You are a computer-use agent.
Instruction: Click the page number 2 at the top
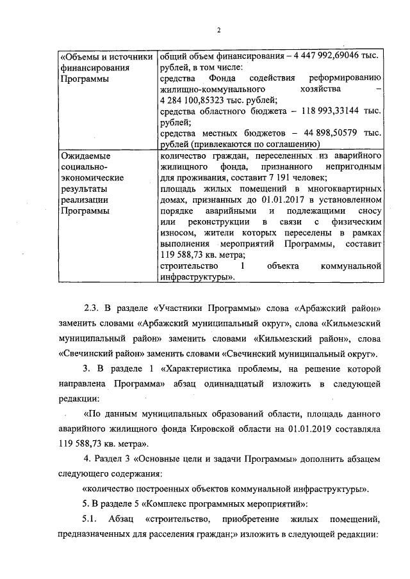pos(218,29)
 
